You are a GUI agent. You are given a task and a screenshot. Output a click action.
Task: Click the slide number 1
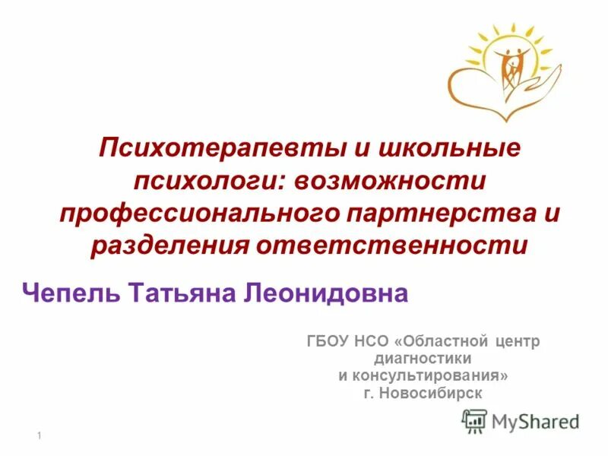click(38, 434)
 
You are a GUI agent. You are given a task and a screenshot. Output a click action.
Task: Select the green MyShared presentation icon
click(475, 420)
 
